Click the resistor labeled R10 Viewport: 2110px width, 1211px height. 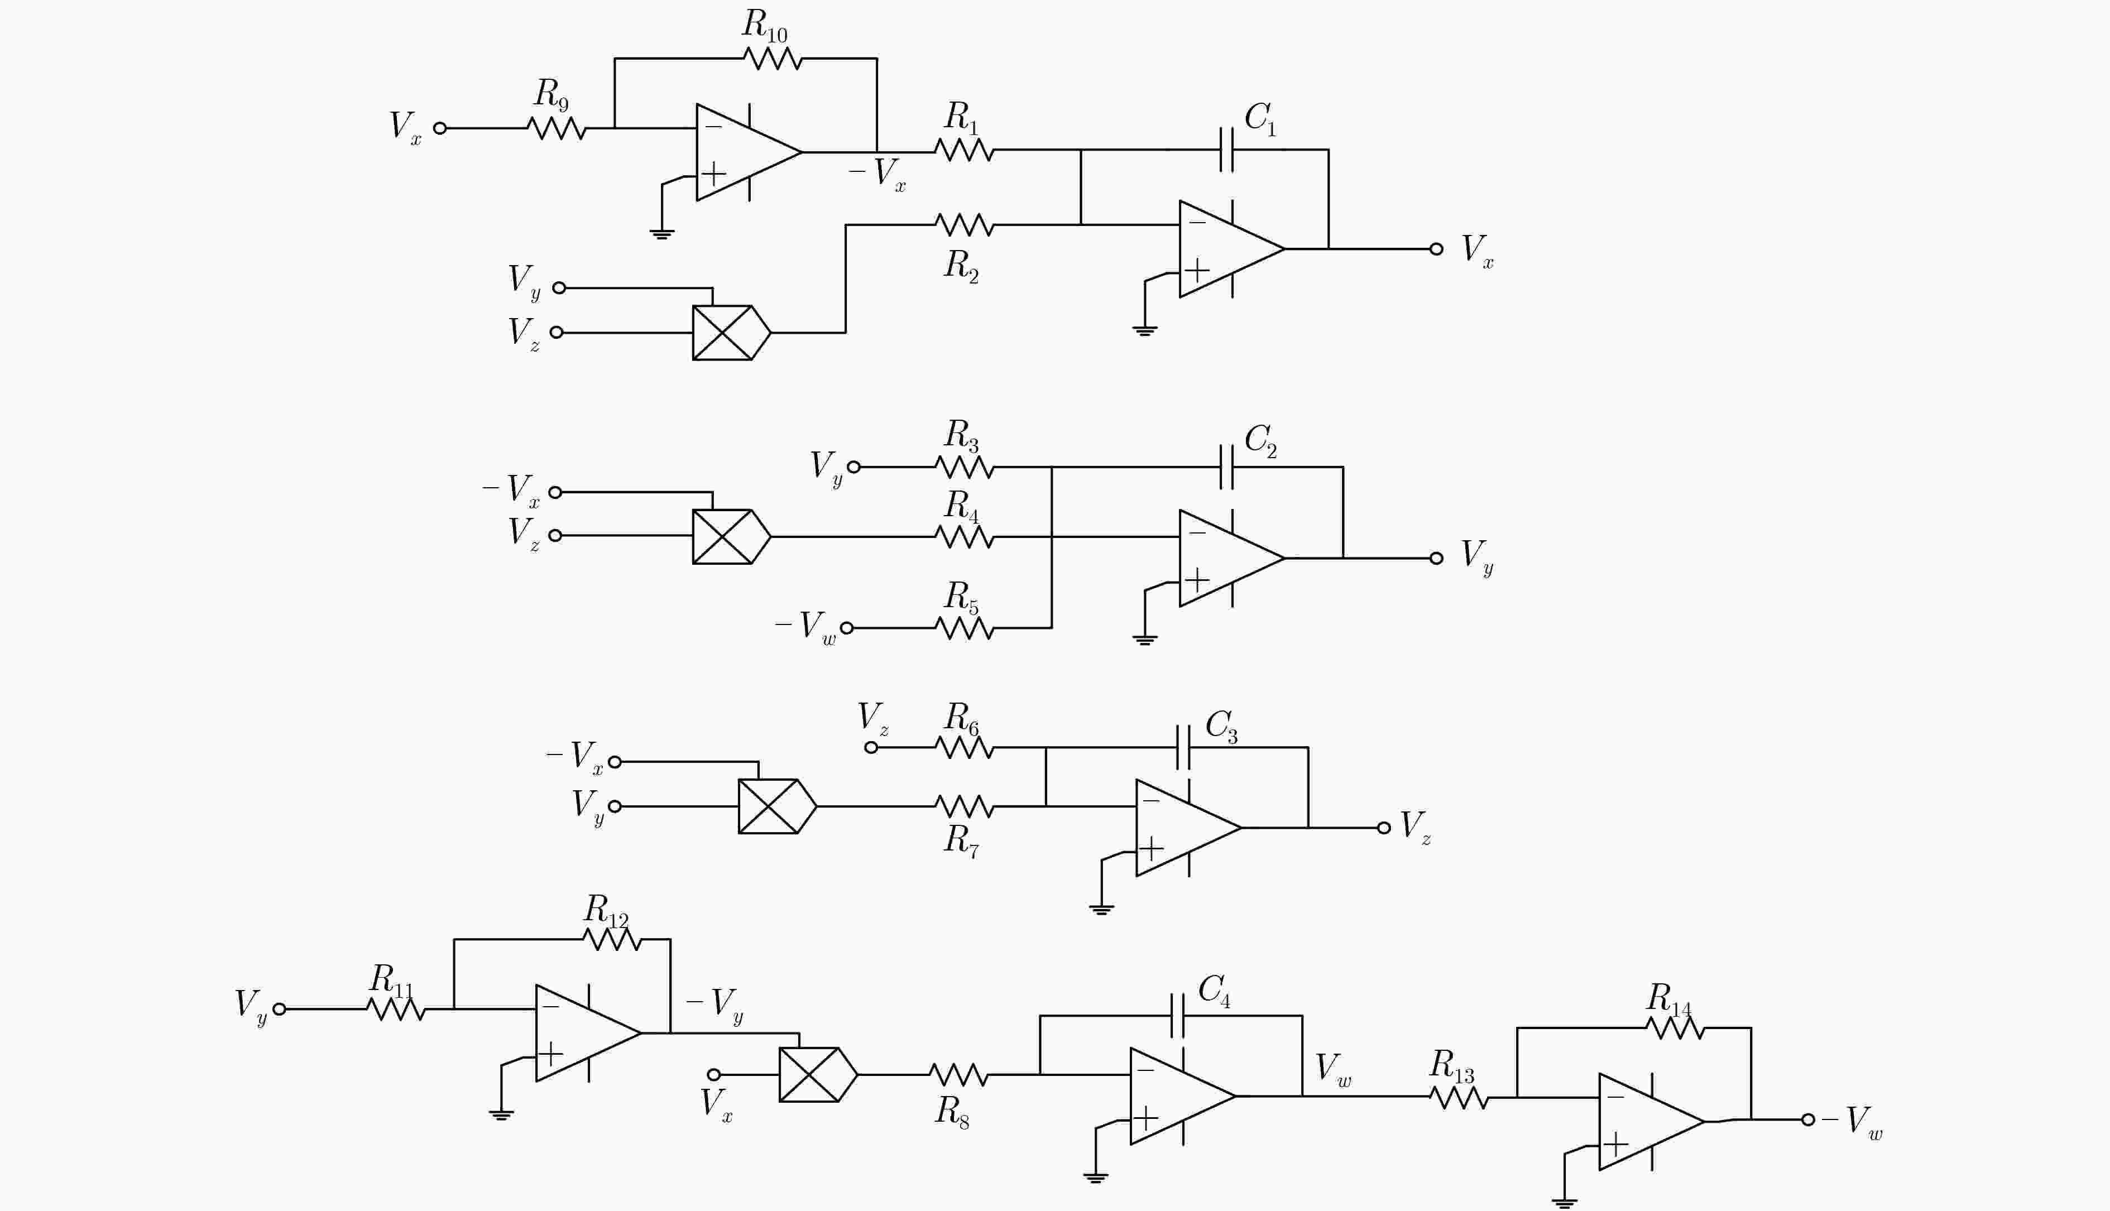point(773,58)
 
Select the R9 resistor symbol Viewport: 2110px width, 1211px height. point(557,128)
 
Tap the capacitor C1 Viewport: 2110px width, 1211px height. point(1227,150)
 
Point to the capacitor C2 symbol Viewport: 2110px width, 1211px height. point(1227,467)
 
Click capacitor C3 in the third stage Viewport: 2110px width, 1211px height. point(1183,747)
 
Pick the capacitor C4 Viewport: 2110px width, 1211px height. point(1177,1016)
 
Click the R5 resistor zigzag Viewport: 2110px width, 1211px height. point(965,628)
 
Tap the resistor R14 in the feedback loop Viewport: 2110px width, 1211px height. point(1675,1028)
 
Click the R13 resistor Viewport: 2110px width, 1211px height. point(1459,1098)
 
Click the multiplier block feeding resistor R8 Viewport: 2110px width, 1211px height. point(818,1075)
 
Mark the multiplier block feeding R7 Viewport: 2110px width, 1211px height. point(778,806)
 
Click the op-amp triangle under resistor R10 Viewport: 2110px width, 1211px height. point(749,152)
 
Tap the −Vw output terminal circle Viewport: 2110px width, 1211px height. point(1808,1119)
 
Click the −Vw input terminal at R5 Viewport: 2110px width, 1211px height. point(847,628)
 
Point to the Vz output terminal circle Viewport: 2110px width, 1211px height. point(1384,828)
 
